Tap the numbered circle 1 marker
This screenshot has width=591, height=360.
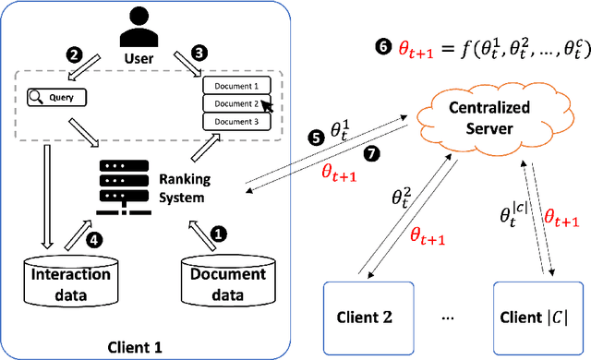coord(218,234)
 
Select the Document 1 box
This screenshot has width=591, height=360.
coord(235,87)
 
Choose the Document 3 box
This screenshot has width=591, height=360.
coord(235,121)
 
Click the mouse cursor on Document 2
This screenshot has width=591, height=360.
coord(266,106)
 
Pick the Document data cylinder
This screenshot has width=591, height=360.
coord(226,282)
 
